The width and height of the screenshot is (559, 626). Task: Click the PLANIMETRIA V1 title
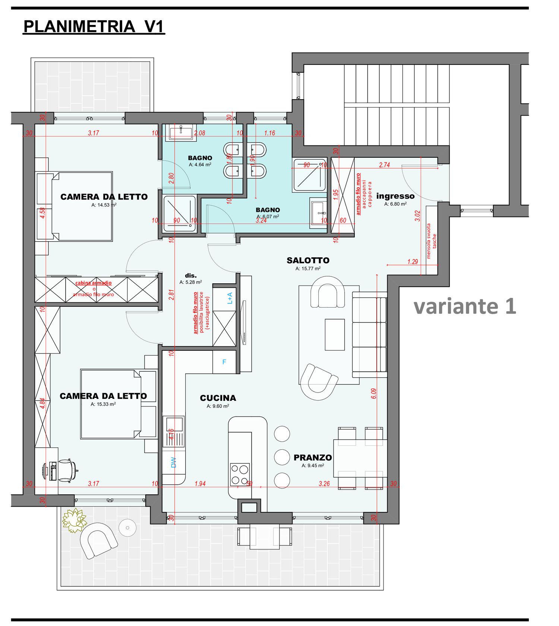click(94, 27)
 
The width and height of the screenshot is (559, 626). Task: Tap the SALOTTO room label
click(308, 260)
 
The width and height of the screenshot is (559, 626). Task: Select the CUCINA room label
click(218, 398)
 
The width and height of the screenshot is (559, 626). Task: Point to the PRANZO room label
click(313, 457)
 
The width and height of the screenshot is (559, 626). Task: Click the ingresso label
click(395, 196)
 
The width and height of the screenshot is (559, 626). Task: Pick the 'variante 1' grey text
click(465, 306)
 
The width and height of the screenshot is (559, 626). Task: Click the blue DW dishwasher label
click(173, 463)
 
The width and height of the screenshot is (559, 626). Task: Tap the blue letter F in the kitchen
click(224, 362)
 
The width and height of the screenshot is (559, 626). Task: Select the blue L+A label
click(230, 298)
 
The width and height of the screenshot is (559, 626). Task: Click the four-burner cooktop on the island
click(240, 474)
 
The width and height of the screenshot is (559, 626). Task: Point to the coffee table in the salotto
click(335, 334)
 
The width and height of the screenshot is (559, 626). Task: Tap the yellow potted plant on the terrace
click(74, 519)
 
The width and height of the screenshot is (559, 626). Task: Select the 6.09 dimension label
click(373, 393)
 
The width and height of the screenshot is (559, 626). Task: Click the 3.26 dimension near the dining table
click(324, 484)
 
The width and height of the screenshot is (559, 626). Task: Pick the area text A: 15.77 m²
click(308, 268)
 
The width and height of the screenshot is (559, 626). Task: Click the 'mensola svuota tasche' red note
click(431, 241)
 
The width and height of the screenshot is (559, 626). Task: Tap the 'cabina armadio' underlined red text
click(94, 283)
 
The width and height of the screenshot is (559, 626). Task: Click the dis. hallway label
click(191, 276)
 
